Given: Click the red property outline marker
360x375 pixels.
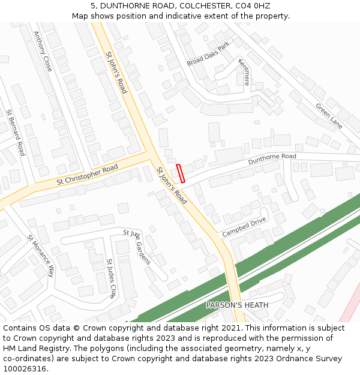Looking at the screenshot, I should (181, 173).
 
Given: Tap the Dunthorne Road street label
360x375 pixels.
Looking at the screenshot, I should (272, 160).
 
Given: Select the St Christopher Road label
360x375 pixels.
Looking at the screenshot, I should (87, 175).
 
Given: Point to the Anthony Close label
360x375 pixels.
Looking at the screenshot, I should (43, 51).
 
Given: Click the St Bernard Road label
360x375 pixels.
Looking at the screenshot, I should (16, 133).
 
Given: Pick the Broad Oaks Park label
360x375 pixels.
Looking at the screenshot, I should (208, 54).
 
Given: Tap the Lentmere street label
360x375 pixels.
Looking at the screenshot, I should (244, 71).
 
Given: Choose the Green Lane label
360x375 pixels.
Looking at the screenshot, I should (329, 116).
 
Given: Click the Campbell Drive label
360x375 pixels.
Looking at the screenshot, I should (244, 227).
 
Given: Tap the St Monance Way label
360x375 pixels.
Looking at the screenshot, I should (41, 255).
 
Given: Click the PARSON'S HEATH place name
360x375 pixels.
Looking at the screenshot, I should (237, 305).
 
